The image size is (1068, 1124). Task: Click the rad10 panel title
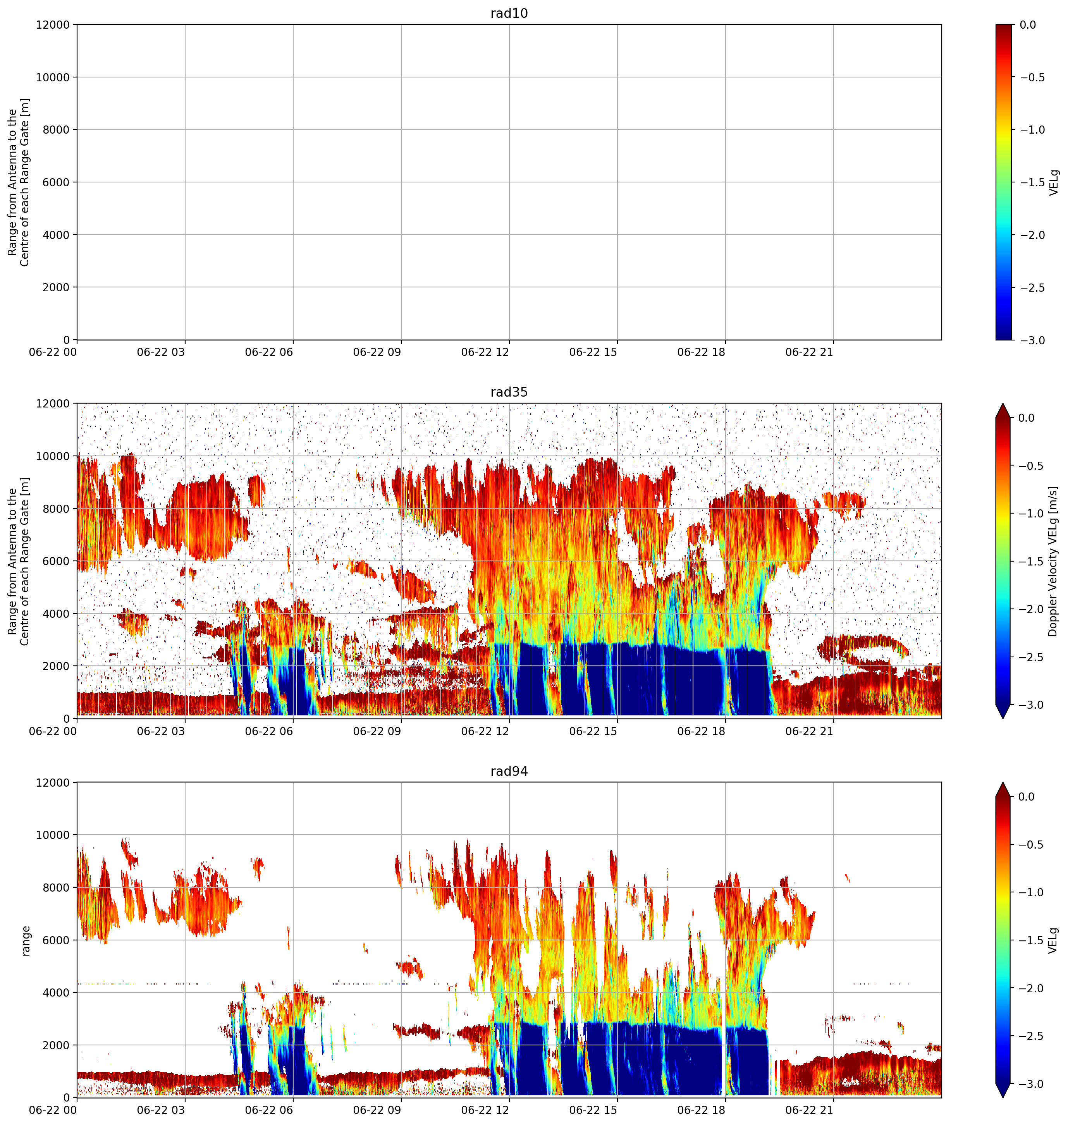[509, 13]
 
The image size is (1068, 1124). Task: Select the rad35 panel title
[509, 392]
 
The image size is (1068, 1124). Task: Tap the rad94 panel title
[509, 771]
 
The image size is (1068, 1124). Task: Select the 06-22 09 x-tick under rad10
[377, 352]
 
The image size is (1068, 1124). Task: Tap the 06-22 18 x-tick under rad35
[702, 731]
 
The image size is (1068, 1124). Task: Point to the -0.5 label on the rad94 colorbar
[1032, 845]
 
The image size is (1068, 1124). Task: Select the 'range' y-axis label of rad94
[26, 941]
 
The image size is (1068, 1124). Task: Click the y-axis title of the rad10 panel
[19, 182]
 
